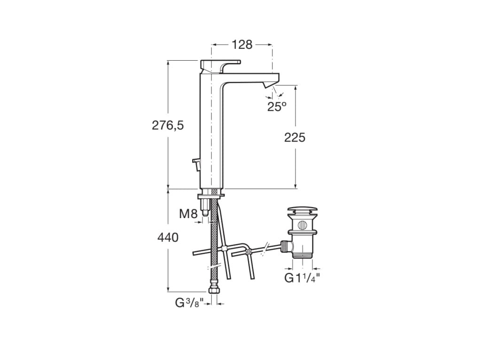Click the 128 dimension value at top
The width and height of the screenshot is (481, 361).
click(x=242, y=45)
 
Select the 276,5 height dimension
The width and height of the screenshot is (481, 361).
click(x=167, y=126)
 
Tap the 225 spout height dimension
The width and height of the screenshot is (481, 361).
click(x=295, y=137)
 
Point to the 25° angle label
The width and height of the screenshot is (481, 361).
click(x=277, y=107)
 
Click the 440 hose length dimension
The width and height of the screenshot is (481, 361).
click(x=168, y=238)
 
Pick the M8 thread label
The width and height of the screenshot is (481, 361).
click(x=188, y=214)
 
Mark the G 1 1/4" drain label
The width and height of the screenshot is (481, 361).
click(x=302, y=278)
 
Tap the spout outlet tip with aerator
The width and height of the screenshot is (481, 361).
click(x=269, y=85)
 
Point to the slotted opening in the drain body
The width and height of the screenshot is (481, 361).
click(x=303, y=225)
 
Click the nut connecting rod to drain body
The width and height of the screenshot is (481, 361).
click(x=285, y=246)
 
